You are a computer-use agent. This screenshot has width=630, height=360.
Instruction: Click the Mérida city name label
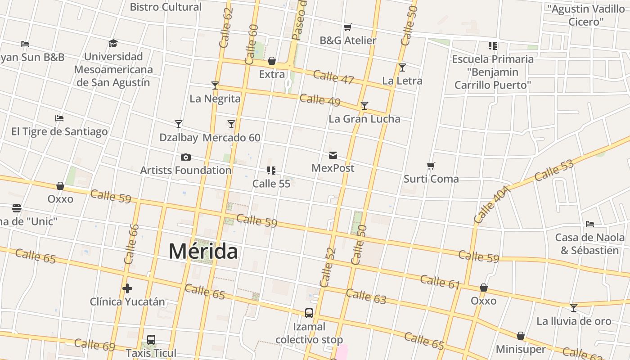tap(203, 251)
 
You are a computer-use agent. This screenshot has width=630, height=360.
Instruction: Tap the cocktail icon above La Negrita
tap(215, 85)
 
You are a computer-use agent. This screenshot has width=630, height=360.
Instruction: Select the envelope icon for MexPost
tap(333, 155)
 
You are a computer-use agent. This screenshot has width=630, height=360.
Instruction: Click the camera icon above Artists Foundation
tap(185, 157)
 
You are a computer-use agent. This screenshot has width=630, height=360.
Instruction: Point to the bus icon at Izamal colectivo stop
tap(309, 313)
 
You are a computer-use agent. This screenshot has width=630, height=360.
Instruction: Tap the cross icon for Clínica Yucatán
tap(127, 288)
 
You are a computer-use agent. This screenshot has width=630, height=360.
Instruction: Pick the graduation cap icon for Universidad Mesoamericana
tap(113, 43)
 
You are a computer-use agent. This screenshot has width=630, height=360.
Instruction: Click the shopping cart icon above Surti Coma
tap(431, 166)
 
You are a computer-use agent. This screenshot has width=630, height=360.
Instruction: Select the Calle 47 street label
tap(333, 77)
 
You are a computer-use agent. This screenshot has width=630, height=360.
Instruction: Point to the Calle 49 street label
tap(320, 100)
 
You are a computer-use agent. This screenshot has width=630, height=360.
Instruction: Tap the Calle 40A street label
tap(492, 205)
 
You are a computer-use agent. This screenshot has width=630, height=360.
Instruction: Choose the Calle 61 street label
tap(440, 282)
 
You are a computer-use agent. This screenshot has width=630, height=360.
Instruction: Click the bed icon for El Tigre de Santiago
tap(59, 118)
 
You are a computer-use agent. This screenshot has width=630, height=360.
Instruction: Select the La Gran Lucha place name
tap(364, 119)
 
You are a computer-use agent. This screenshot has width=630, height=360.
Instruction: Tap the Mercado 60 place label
tap(231, 138)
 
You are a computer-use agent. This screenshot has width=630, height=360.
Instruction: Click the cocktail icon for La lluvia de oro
tap(574, 308)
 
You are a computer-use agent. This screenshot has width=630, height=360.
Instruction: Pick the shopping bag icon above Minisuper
tap(521, 336)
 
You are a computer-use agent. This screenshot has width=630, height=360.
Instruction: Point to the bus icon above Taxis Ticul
tap(151, 340)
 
